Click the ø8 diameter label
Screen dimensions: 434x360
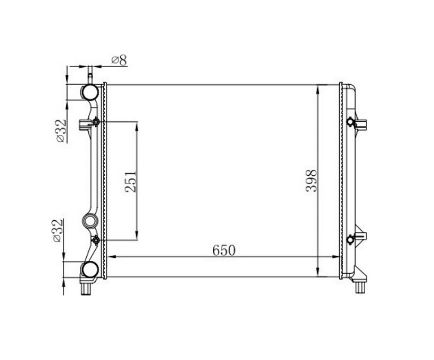pos(119,60)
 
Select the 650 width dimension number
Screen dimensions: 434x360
pos(224,250)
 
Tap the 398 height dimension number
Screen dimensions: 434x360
pos(311,181)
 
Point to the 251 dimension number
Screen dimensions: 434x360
pos(131,182)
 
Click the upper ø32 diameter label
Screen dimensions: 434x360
pos(61,131)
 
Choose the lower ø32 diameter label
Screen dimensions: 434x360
pos(58,230)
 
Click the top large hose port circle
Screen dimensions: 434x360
pos(90,92)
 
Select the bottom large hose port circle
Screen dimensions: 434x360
pos(90,269)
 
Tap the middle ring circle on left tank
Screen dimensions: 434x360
pos(90,221)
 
